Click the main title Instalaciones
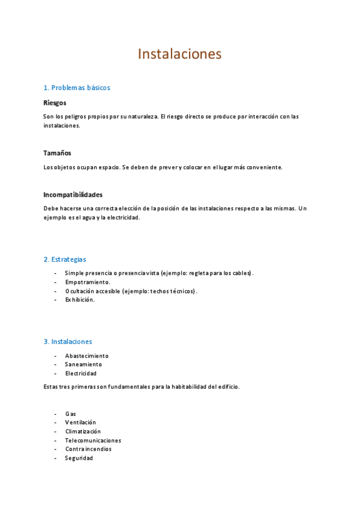(x=179, y=54)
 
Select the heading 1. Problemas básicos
(x=77, y=88)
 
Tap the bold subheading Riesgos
(x=55, y=103)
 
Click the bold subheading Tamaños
(x=58, y=153)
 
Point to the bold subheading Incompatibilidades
(x=73, y=194)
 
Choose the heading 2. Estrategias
(x=65, y=259)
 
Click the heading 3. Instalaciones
(x=68, y=342)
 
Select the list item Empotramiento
(x=88, y=282)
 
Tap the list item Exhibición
(x=80, y=300)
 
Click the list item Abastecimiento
(x=87, y=356)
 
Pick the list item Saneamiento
(x=83, y=364)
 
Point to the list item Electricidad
(x=81, y=373)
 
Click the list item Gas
(x=71, y=414)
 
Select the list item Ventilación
(x=80, y=423)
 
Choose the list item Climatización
(x=83, y=431)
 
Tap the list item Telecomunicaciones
(x=93, y=440)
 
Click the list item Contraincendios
(x=88, y=448)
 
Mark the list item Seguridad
(x=79, y=457)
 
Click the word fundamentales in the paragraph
(x=122, y=387)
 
